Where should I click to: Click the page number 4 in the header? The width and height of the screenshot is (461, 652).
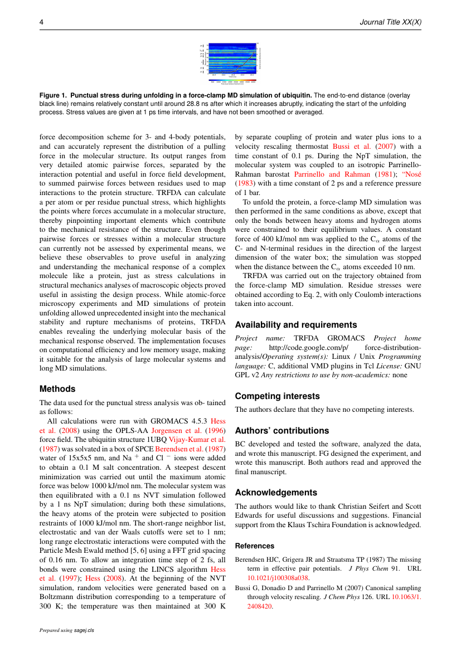tap(41, 22)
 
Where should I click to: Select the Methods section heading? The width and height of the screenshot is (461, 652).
tap(57, 389)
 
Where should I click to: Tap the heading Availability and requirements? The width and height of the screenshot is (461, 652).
tap(295, 324)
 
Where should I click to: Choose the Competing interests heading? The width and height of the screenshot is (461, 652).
tap(278, 396)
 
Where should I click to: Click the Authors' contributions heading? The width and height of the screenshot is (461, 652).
tap(282, 430)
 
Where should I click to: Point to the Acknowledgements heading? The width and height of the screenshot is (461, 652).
tap(276, 493)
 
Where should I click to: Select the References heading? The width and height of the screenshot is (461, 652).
tap(255, 546)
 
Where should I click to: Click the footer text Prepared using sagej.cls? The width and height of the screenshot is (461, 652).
tap(66, 630)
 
